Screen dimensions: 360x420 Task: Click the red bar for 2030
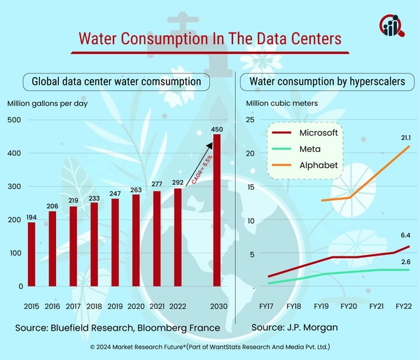217,210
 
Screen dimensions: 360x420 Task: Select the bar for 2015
31,254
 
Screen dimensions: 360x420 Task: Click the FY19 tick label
321,307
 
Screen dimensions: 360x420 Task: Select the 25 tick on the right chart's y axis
250,120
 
